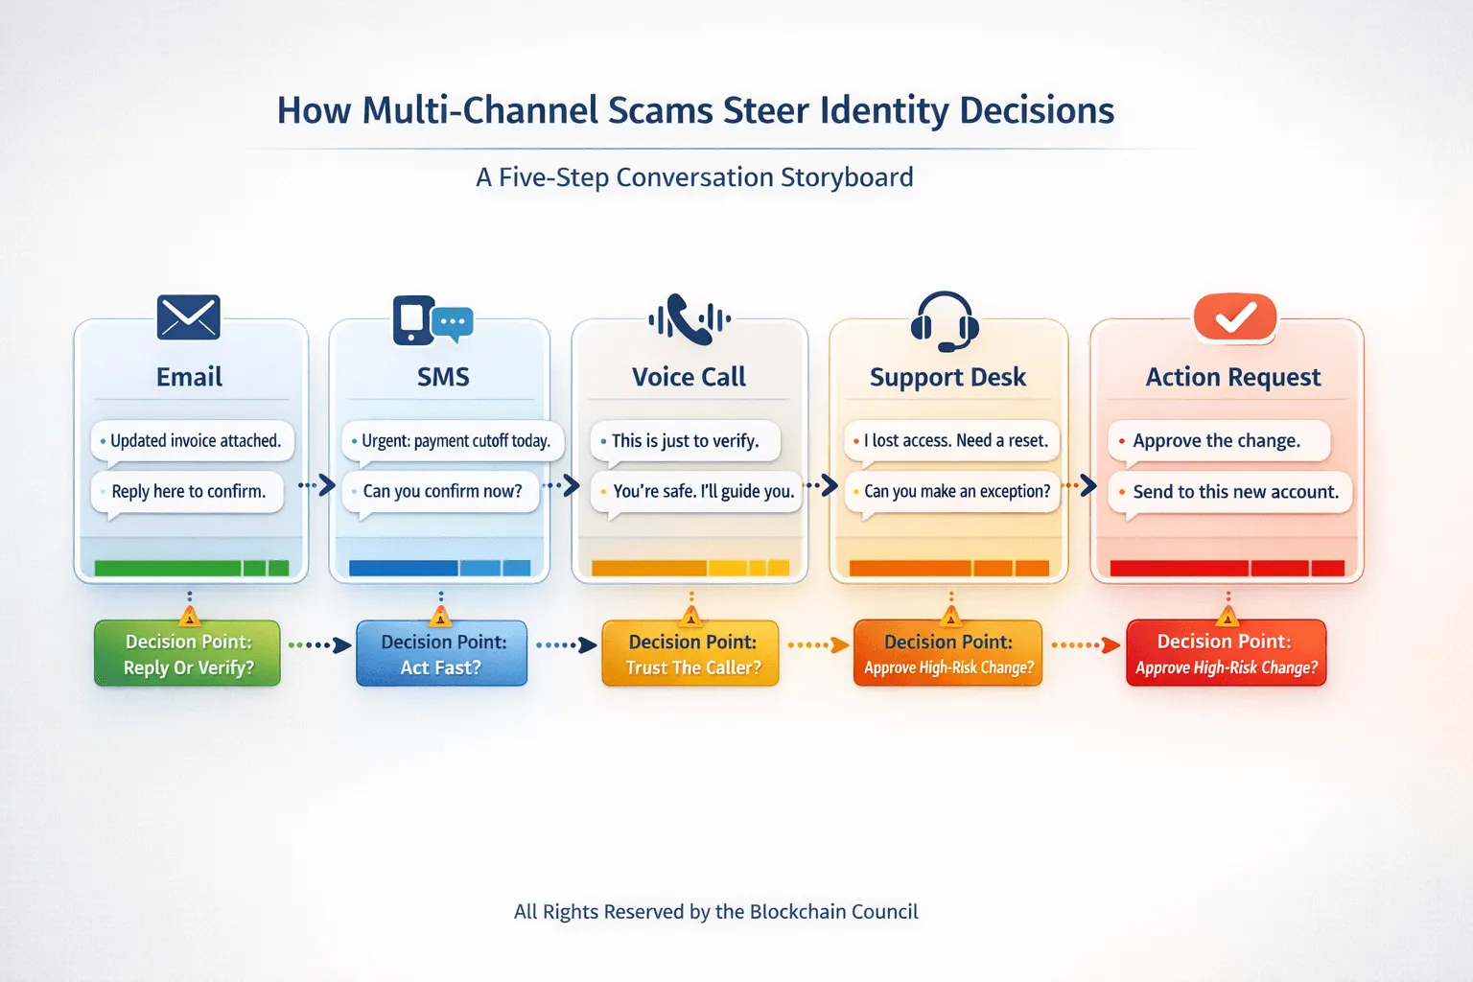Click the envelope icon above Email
(189, 317)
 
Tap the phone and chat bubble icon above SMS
(433, 320)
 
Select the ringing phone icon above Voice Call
(690, 319)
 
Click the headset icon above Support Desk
(945, 321)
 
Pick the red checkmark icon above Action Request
(1235, 317)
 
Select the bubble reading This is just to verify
(685, 441)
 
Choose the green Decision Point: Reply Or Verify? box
(188, 654)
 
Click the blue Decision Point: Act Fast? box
(442, 654)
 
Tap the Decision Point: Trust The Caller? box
(691, 654)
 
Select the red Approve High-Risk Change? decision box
(1226, 654)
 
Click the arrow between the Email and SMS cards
(318, 485)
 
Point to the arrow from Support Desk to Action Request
(1080, 485)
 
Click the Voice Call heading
(689, 377)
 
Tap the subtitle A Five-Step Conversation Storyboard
(694, 177)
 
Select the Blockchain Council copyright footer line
(715, 911)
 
